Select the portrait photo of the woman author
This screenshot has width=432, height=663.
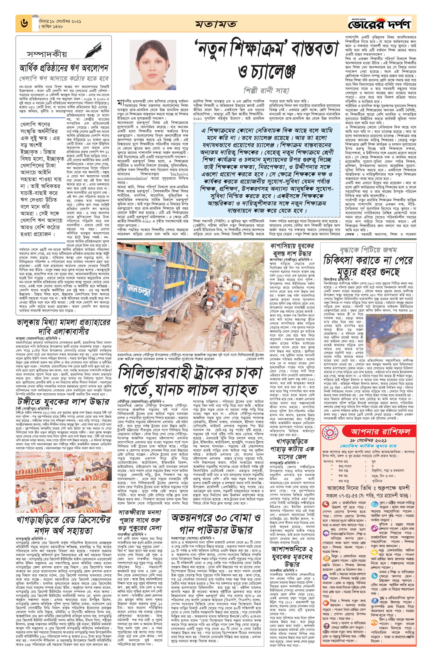[x=152, y=65]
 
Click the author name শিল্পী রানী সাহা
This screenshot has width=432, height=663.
[x=266, y=90]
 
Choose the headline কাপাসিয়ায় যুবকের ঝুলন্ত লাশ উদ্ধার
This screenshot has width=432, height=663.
[x=292, y=250]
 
